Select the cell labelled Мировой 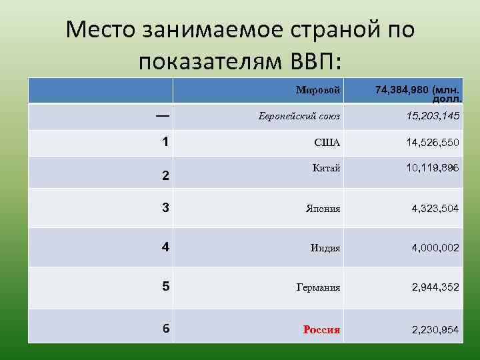click(319, 89)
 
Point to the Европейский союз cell click(299, 117)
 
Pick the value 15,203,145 click(433, 117)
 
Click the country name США click(327, 143)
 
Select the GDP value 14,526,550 click(433, 143)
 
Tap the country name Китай click(327, 168)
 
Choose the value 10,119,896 click(433, 168)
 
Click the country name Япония click(323, 209)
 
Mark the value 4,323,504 click(435, 209)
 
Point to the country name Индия click(325, 248)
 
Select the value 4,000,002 click(435, 248)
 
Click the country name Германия click(319, 288)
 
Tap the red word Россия click(321, 329)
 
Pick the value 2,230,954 click(435, 329)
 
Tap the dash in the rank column click(162, 115)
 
